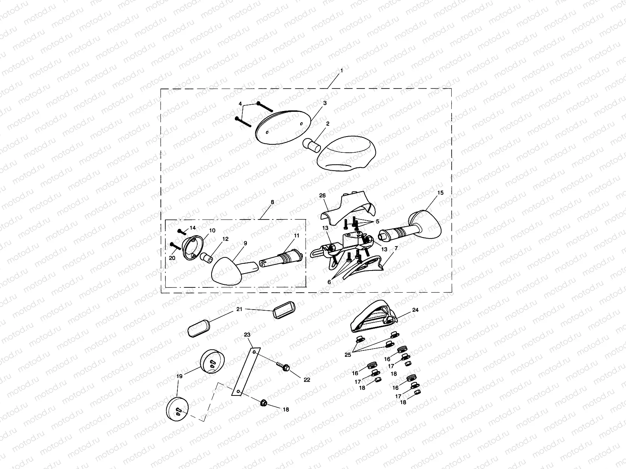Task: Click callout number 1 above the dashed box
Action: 342,70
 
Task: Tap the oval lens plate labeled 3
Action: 283,127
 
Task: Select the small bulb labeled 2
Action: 311,145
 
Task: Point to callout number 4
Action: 240,104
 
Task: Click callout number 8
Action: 272,202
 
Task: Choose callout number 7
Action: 396,248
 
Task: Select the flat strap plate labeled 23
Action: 246,371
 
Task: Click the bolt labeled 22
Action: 283,366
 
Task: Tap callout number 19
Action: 179,376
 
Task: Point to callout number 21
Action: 239,309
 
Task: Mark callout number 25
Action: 348,355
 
